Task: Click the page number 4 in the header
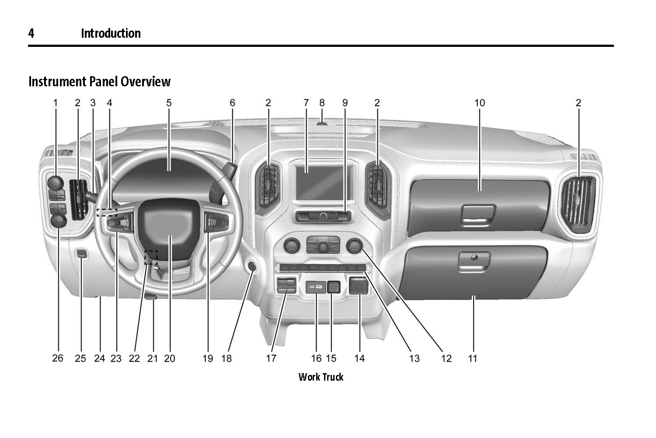[x=31, y=33]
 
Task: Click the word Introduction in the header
[x=111, y=33]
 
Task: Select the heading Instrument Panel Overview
[x=99, y=81]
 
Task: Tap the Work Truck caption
[x=321, y=377]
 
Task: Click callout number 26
[x=58, y=358]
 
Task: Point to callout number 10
[x=480, y=103]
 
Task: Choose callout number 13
[x=414, y=358]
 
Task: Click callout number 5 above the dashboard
[x=169, y=103]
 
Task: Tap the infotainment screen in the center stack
[x=320, y=182]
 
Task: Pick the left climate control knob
[x=291, y=246]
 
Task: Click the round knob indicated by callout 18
[x=252, y=266]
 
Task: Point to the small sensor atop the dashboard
[x=322, y=123]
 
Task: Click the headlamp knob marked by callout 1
[x=56, y=182]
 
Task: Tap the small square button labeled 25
[x=82, y=253]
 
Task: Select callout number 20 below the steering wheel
[x=169, y=358]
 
